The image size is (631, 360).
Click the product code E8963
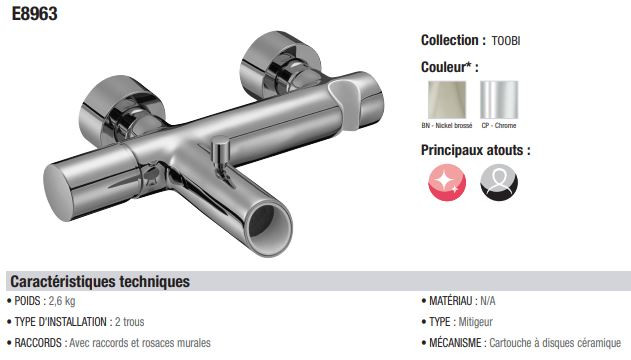pyautogui.click(x=35, y=14)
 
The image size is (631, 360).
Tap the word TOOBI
pyautogui.click(x=506, y=41)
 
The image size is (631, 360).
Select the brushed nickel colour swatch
pyautogui.click(x=447, y=100)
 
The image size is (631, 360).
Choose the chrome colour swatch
pyautogui.click(x=499, y=100)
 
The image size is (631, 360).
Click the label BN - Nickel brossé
pyautogui.click(x=447, y=125)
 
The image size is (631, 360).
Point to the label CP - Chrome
pyautogui.click(x=499, y=125)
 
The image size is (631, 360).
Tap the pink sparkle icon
pyautogui.click(x=447, y=182)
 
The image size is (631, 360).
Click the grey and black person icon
pyautogui.click(x=499, y=182)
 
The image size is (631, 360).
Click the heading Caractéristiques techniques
pyautogui.click(x=100, y=281)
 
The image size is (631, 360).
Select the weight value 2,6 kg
pyautogui.click(x=62, y=301)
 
